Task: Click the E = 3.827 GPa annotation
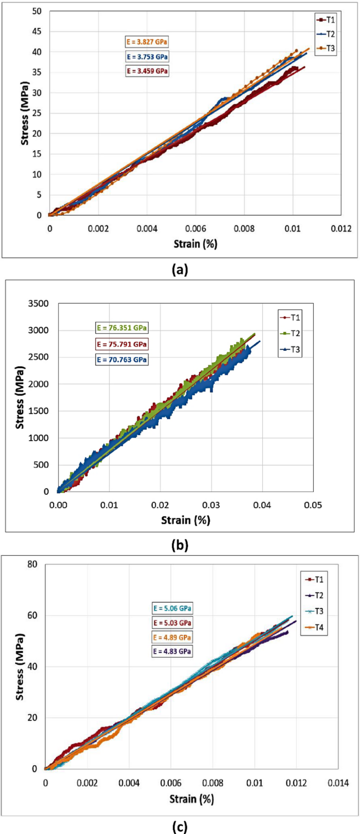(147, 42)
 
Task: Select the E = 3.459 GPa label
(147, 70)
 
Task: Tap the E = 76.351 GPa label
(122, 328)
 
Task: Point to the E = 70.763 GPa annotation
(122, 360)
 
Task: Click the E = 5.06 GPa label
(172, 608)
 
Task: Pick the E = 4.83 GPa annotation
(172, 651)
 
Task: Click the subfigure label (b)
(180, 545)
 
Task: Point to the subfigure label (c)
(180, 827)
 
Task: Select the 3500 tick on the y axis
(39, 303)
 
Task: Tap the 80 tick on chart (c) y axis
(33, 565)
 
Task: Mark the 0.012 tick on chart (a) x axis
(341, 229)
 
